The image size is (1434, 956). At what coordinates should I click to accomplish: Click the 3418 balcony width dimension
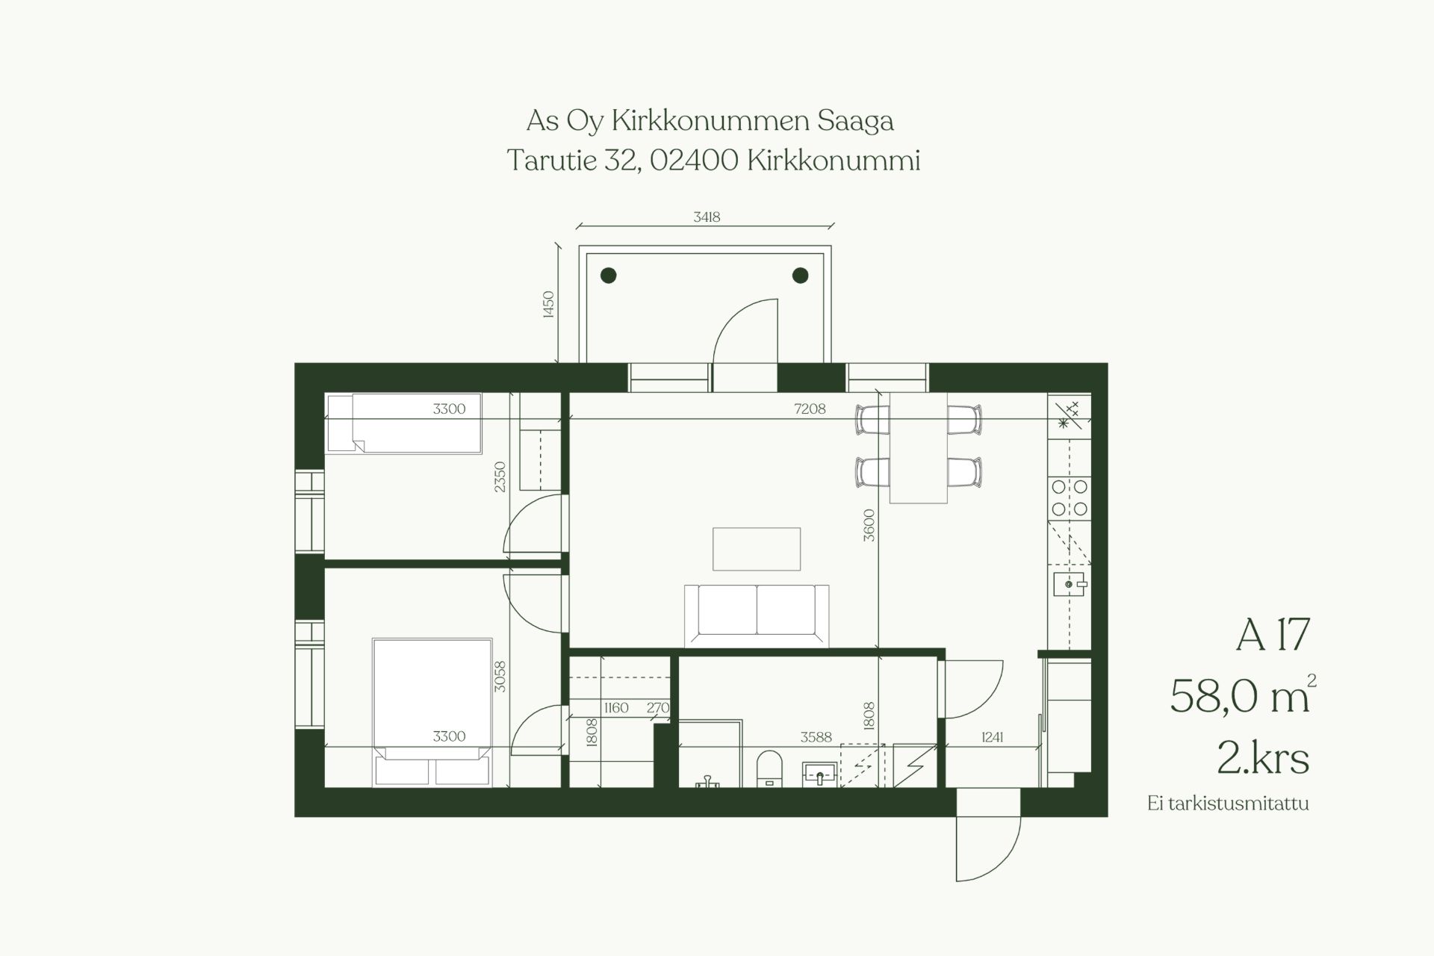pos(707,217)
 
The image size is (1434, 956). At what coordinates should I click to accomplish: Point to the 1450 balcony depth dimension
pos(548,305)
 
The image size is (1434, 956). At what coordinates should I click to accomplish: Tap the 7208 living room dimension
pos(810,409)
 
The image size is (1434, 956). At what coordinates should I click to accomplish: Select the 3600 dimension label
pos(868,525)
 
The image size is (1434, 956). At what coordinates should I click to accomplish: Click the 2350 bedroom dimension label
pos(500,477)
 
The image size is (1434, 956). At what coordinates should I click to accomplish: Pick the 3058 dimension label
pos(500,677)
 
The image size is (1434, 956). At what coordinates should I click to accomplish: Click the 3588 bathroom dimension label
pos(816,737)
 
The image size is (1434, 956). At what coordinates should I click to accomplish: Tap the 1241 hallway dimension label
pos(992,737)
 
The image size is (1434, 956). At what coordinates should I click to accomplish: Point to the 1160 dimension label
pos(616,707)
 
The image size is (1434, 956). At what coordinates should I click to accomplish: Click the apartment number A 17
pos(1273,634)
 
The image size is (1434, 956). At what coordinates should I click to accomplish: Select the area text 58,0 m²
pos(1243,695)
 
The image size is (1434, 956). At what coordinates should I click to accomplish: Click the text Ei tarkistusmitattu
pos(1229,804)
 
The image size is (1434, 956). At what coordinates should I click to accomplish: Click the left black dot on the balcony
pos(609,276)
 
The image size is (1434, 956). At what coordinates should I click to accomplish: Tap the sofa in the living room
pos(757,615)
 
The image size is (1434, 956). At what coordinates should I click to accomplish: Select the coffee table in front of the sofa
pos(757,549)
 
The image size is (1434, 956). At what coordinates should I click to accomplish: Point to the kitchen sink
pos(1070,583)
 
